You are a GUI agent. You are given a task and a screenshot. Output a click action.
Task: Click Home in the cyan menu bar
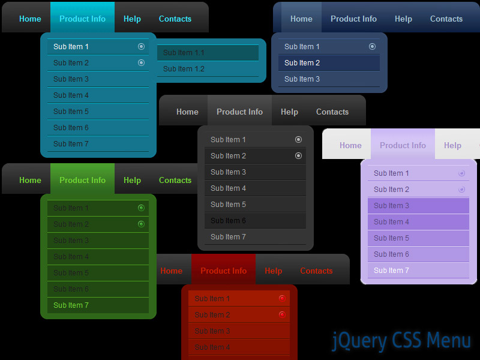click(30, 19)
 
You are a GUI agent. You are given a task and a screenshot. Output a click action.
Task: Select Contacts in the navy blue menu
click(446, 19)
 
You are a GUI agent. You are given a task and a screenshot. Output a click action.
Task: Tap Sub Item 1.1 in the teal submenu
click(184, 53)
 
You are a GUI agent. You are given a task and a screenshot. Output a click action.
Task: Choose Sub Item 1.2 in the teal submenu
click(184, 69)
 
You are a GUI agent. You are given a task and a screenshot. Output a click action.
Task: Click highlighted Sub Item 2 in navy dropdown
click(302, 63)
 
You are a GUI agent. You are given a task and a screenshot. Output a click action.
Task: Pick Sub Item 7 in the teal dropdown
click(71, 144)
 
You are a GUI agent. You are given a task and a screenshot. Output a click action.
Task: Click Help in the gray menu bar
click(289, 112)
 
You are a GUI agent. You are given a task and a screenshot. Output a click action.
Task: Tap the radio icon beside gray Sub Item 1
click(298, 140)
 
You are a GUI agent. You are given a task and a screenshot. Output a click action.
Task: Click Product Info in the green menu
click(82, 180)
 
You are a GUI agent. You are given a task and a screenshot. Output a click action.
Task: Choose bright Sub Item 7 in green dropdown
click(71, 305)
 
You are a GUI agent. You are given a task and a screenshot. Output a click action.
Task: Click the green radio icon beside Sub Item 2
click(141, 224)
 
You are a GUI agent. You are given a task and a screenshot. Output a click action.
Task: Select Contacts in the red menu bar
click(316, 271)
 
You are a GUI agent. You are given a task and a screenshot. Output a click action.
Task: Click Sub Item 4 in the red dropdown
click(212, 347)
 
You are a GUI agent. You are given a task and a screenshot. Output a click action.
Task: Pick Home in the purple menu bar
click(350, 145)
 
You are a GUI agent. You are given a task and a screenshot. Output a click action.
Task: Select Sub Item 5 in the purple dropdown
click(391, 238)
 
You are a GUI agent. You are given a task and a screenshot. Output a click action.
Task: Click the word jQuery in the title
click(359, 341)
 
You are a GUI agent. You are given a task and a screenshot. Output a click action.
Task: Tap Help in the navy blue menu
click(403, 19)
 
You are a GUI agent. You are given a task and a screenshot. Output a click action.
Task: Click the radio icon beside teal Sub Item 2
click(141, 63)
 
